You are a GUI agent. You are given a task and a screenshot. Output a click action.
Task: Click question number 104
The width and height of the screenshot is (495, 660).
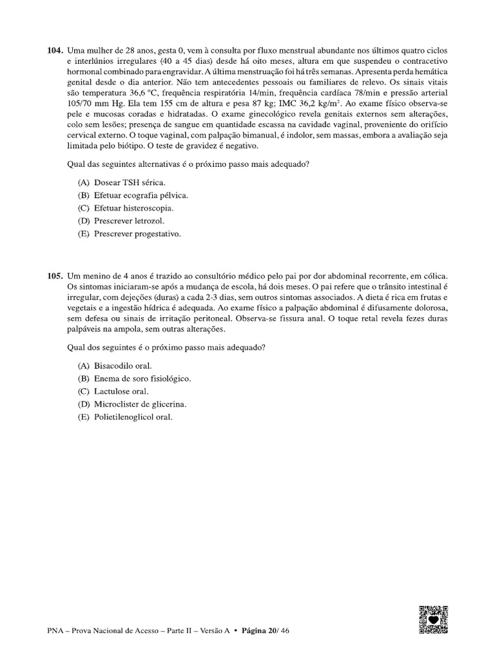coord(55,50)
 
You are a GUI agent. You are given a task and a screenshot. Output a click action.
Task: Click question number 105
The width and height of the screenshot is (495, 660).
coord(55,275)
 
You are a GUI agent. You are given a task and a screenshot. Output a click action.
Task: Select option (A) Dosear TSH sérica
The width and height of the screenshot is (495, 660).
coord(121,182)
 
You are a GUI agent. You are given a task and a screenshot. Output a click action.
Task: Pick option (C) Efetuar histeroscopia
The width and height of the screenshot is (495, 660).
coord(126,208)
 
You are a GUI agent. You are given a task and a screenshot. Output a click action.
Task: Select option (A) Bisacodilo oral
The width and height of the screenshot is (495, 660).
coord(115,365)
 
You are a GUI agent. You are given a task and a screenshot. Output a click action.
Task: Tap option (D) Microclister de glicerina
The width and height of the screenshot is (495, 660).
coord(132,404)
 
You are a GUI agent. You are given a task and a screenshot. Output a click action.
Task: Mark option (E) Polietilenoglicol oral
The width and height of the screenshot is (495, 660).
coord(126,417)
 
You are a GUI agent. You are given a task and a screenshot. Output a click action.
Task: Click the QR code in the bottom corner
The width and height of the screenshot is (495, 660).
coord(433,620)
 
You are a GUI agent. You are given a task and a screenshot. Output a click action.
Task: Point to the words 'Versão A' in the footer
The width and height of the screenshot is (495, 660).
coord(210,631)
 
